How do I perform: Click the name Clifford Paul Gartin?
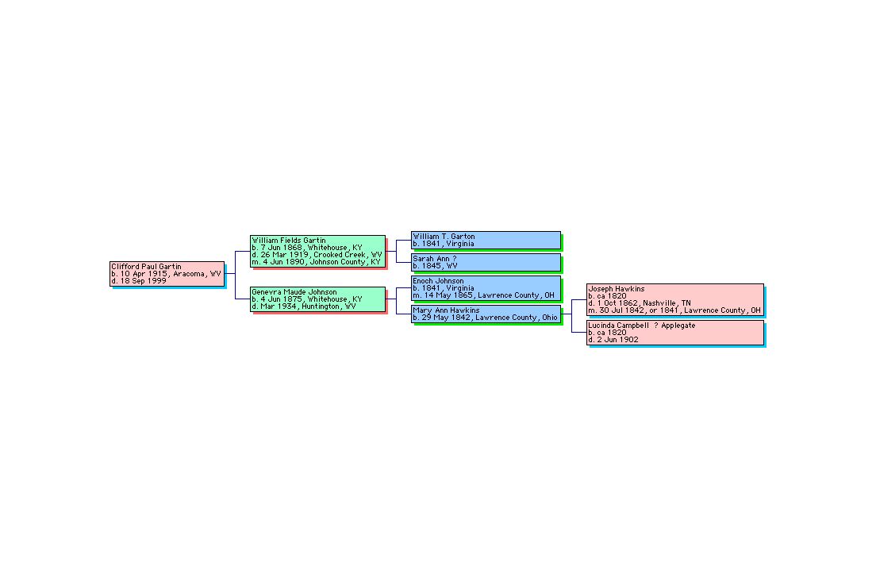click(x=146, y=267)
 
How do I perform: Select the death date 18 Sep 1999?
click(x=139, y=280)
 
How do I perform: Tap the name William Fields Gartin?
click(x=289, y=241)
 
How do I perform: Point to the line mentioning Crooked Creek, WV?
click(x=317, y=254)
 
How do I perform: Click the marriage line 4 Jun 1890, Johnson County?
click(x=317, y=262)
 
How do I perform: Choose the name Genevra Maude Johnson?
click(x=294, y=292)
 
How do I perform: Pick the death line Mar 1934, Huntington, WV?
click(x=304, y=306)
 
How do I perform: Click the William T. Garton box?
click(x=486, y=241)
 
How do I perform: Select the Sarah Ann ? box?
click(x=486, y=262)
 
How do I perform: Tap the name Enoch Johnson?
click(x=439, y=280)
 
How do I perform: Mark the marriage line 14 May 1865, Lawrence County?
click(x=484, y=295)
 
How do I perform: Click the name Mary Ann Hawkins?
click(x=447, y=310)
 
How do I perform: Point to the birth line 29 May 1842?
click(x=486, y=318)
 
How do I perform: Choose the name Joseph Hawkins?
click(x=617, y=289)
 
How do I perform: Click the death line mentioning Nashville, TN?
click(x=640, y=303)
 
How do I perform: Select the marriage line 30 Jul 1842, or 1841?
click(x=675, y=310)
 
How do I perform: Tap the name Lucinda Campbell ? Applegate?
click(x=642, y=326)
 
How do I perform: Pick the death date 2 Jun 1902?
click(x=613, y=339)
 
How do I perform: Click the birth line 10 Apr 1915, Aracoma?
click(x=167, y=274)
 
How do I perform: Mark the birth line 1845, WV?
click(x=435, y=265)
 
